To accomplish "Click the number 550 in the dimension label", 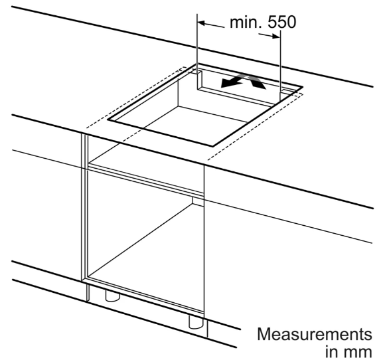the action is (x=282, y=23).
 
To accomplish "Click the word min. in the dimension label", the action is (x=246, y=23).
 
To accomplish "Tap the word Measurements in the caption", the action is (x=315, y=334).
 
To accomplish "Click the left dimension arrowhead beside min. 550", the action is (x=201, y=23).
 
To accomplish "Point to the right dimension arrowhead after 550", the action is (x=276, y=37).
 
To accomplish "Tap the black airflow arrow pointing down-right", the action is (x=258, y=84).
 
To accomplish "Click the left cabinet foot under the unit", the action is (x=112, y=296).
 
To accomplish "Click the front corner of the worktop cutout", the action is (x=212, y=146).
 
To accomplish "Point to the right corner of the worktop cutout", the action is (x=303, y=86).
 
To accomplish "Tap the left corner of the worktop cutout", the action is (x=108, y=120).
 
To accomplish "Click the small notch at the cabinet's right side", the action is (x=198, y=201).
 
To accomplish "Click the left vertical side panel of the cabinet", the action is (x=84, y=208).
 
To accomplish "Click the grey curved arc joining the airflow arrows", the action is (x=244, y=77).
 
